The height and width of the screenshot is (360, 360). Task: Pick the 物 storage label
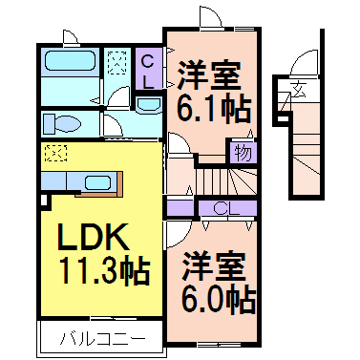pyautogui.click(x=241, y=152)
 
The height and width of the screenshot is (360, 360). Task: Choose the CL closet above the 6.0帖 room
pyautogui.click(x=221, y=207)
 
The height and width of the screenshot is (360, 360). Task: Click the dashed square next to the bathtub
pyautogui.click(x=119, y=62)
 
